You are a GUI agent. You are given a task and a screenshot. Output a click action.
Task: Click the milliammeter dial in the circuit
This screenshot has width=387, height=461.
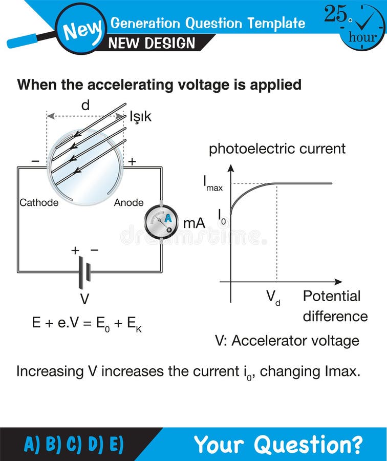click(x=162, y=222)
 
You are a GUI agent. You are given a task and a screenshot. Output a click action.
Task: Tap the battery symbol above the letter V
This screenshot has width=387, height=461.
click(x=84, y=271)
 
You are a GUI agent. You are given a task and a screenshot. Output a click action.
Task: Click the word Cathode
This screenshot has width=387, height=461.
click(x=39, y=202)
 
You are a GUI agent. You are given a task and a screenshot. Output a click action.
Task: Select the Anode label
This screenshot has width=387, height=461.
click(x=128, y=202)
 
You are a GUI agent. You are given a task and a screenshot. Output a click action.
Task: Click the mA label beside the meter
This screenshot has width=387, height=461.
click(x=194, y=223)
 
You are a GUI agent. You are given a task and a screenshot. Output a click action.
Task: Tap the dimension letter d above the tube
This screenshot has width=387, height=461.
click(x=85, y=106)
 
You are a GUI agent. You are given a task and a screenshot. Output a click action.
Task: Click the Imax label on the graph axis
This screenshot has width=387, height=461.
click(x=212, y=183)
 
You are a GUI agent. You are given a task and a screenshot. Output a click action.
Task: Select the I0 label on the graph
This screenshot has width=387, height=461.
click(x=222, y=217)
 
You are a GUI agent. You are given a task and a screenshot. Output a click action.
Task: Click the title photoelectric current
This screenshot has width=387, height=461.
click(x=277, y=149)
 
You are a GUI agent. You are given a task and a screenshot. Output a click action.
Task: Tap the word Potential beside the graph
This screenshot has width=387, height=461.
click(x=331, y=296)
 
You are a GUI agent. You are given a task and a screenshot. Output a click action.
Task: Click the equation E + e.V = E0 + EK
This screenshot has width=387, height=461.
click(x=87, y=323)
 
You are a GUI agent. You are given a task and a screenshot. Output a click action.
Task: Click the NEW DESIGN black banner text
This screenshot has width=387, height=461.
click(x=152, y=43)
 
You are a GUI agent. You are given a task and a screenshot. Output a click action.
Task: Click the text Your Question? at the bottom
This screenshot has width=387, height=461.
click(x=278, y=444)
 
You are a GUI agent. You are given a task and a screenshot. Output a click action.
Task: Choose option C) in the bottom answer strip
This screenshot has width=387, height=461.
click(x=74, y=444)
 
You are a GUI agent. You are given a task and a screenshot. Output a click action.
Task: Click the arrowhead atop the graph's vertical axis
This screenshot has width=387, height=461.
click(x=231, y=167)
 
